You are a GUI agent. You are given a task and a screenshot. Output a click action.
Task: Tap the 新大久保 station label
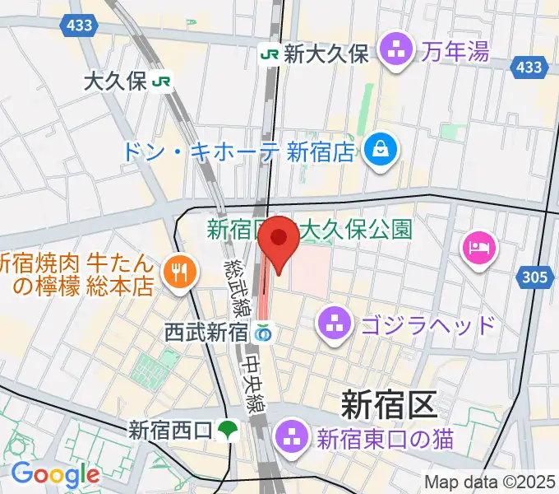point(326,54)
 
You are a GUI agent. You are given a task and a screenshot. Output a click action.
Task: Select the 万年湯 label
point(456,52)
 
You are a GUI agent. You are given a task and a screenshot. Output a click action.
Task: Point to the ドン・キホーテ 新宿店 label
point(238,151)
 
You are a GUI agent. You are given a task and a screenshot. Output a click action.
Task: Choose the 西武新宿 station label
point(206,333)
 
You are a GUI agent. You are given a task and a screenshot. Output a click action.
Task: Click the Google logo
point(55,474)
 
